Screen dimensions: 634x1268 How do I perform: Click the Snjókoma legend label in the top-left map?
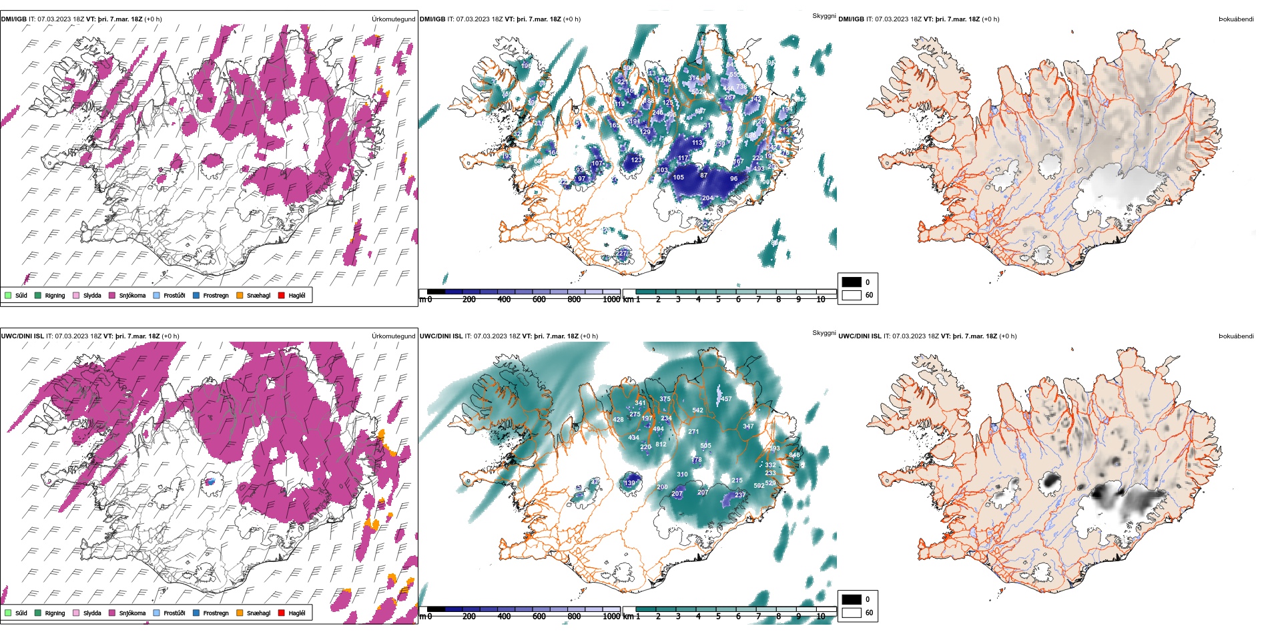pos(132,296)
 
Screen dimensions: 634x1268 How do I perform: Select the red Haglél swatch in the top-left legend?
pos(282,295)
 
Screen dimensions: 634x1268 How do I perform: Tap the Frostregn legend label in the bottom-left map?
pos(216,613)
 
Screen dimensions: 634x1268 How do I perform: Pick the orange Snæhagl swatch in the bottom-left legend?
pos(240,613)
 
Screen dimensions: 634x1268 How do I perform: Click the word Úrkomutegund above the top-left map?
pos(393,19)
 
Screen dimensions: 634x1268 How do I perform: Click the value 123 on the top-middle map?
pos(636,160)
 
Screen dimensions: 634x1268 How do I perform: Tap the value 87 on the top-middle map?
pos(703,176)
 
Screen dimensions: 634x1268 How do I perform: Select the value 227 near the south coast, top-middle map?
pos(622,254)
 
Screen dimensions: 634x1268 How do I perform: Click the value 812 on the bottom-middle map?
pos(661,444)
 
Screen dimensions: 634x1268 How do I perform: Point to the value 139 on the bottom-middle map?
pos(629,483)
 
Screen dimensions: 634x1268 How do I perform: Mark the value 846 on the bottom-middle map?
pos(794,455)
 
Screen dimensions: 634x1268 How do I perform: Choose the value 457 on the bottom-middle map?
pos(726,399)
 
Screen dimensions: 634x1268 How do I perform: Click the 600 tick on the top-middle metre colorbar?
pos(539,300)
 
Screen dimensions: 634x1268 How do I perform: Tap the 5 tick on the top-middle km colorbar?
pos(718,300)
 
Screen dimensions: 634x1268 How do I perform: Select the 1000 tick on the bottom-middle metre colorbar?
pos(611,617)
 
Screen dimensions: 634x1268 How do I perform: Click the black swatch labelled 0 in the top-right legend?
pos(852,282)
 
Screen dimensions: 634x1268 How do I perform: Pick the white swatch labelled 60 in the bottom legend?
pos(852,613)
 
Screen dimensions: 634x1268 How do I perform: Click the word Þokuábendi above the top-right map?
pos(1236,19)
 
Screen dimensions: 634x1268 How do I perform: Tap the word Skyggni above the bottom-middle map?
pos(824,332)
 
